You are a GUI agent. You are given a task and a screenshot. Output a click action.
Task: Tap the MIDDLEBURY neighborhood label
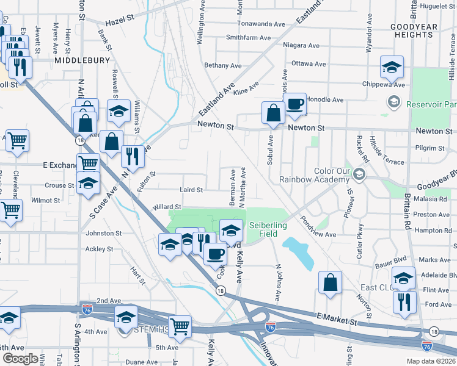(81, 60)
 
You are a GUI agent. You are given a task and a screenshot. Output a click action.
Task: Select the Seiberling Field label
(268, 229)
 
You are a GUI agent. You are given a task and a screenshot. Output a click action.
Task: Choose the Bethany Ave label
(223, 65)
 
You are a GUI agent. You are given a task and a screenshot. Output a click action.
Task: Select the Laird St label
(191, 190)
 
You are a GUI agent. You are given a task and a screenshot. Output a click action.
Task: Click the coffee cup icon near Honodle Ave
(295, 104)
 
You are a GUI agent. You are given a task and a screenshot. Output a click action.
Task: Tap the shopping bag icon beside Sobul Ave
(272, 113)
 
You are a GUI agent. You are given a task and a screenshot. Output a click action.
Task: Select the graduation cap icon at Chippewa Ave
(392, 67)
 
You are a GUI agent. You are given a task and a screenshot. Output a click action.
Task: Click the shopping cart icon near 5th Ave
(180, 326)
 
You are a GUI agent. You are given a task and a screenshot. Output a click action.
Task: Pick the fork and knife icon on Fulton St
(132, 157)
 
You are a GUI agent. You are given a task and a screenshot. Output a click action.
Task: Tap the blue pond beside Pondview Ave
(299, 252)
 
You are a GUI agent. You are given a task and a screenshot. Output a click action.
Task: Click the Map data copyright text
(431, 361)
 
